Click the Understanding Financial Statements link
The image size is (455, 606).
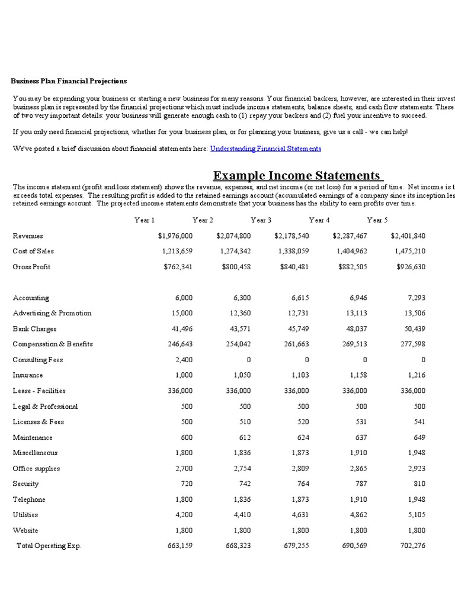[x=265, y=149]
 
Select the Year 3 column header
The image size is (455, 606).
[x=261, y=220]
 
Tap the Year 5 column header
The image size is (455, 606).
[x=377, y=220]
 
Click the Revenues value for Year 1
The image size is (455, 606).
[x=175, y=236]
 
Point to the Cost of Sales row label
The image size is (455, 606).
[x=33, y=251]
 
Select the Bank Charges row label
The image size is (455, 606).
[x=34, y=328]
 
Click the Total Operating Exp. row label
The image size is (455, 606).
[x=49, y=546]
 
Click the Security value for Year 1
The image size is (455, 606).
[x=187, y=483]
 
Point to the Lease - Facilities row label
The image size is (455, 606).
[x=39, y=391]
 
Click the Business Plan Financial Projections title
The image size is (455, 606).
[x=69, y=81]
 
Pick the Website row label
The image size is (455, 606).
[x=25, y=530]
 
